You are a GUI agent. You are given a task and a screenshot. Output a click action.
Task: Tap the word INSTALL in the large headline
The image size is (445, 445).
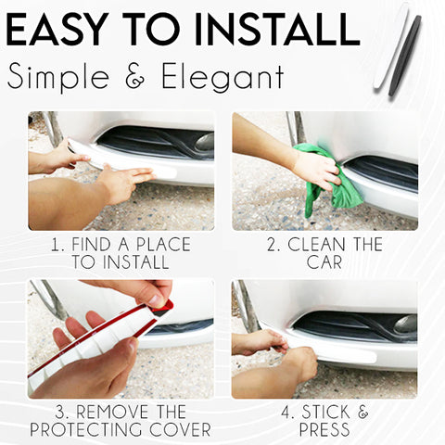click(x=277, y=30)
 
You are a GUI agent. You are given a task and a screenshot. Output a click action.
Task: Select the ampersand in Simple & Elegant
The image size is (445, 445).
click(x=135, y=76)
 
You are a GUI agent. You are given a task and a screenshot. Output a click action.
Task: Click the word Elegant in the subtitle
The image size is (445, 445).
click(x=222, y=77)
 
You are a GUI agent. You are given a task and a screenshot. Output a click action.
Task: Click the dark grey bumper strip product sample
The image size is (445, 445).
click(x=405, y=55)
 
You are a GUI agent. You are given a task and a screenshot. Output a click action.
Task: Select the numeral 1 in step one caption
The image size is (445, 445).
click(x=55, y=245)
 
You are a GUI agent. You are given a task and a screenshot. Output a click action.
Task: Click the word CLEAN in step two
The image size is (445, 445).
click(x=316, y=245)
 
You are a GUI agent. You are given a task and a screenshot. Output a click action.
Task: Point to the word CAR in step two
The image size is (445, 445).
click(x=324, y=262)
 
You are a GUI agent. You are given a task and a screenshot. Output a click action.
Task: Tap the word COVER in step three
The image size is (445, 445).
click(x=181, y=429)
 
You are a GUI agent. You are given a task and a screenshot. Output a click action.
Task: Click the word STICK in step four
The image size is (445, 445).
click(x=325, y=412)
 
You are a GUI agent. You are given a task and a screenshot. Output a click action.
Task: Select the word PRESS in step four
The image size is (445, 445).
click(x=324, y=429)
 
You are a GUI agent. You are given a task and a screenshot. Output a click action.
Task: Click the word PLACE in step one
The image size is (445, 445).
click(x=164, y=245)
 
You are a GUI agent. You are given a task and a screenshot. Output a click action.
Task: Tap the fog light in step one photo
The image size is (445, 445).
click(x=205, y=142)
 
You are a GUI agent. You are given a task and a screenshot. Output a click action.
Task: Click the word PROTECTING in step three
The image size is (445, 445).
click(x=87, y=429)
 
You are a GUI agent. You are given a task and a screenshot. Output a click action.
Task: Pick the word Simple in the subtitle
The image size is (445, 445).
click(x=58, y=77)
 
